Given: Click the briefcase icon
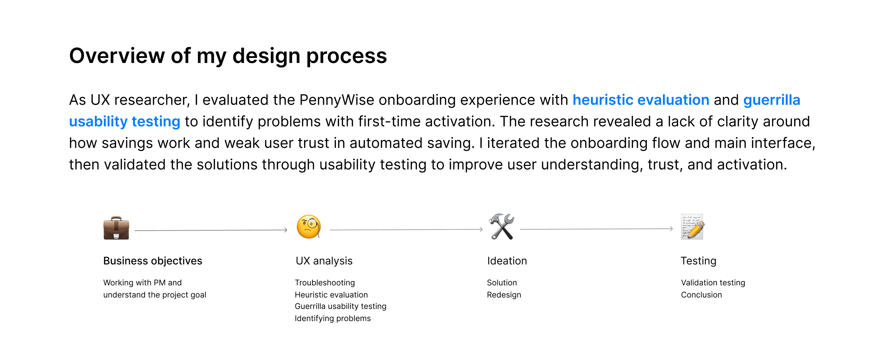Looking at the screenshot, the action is click(x=116, y=228).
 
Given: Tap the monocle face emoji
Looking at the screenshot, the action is click(x=309, y=227).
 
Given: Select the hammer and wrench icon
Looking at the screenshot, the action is click(x=502, y=227).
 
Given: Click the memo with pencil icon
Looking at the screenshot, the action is click(x=692, y=227).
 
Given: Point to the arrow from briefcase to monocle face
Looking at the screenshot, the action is click(x=211, y=230).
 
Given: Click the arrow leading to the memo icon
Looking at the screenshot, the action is click(x=596, y=229).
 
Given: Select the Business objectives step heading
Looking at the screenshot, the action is click(x=153, y=261).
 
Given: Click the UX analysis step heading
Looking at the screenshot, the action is click(x=324, y=261).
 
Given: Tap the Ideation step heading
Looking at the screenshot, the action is click(x=507, y=261).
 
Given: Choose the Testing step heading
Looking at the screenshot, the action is click(x=698, y=261).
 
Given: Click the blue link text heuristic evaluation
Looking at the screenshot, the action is click(x=641, y=100).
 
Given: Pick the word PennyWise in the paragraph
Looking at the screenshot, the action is click(x=337, y=100).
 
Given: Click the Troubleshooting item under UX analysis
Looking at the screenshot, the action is click(x=325, y=283).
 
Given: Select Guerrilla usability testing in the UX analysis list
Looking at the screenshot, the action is click(x=341, y=306).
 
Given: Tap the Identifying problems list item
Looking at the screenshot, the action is click(x=333, y=319).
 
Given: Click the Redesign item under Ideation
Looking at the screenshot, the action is click(x=504, y=295).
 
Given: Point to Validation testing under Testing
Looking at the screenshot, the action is click(x=713, y=283).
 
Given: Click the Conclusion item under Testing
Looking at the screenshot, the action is click(x=701, y=295).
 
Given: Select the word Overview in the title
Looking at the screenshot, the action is click(x=117, y=56).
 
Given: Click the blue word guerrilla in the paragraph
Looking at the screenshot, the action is click(x=772, y=100).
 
